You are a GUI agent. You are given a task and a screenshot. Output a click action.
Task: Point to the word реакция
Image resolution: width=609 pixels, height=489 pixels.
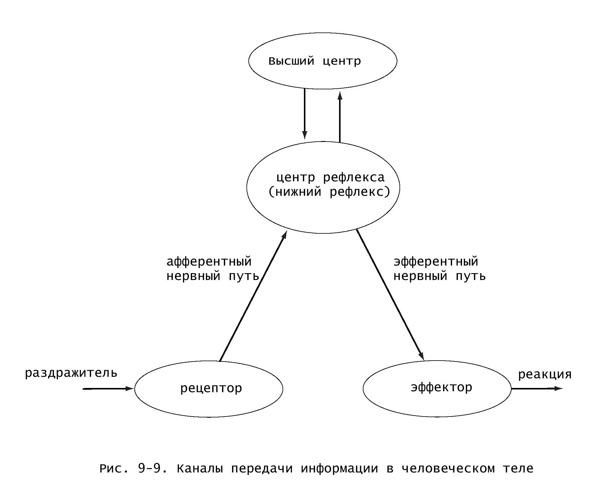click(x=545, y=375)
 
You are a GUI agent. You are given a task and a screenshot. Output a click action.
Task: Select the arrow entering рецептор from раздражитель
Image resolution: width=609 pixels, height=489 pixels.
click(x=108, y=389)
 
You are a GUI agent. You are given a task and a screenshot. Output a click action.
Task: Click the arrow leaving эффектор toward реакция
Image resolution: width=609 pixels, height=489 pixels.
click(x=537, y=389)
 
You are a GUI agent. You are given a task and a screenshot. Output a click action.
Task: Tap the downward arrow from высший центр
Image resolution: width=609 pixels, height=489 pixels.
click(x=305, y=114)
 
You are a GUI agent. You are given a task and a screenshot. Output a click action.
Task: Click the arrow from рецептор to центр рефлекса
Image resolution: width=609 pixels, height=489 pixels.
click(x=253, y=296)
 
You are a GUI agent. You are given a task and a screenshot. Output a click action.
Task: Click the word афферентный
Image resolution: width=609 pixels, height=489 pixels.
click(x=209, y=262)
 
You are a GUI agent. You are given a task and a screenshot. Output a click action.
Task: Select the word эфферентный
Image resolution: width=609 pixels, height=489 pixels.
click(x=436, y=262)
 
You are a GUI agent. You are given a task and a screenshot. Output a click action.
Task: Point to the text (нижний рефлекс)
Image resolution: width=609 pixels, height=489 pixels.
click(x=329, y=192)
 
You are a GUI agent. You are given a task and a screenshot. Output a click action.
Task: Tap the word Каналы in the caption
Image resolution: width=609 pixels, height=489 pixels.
click(x=200, y=469)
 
